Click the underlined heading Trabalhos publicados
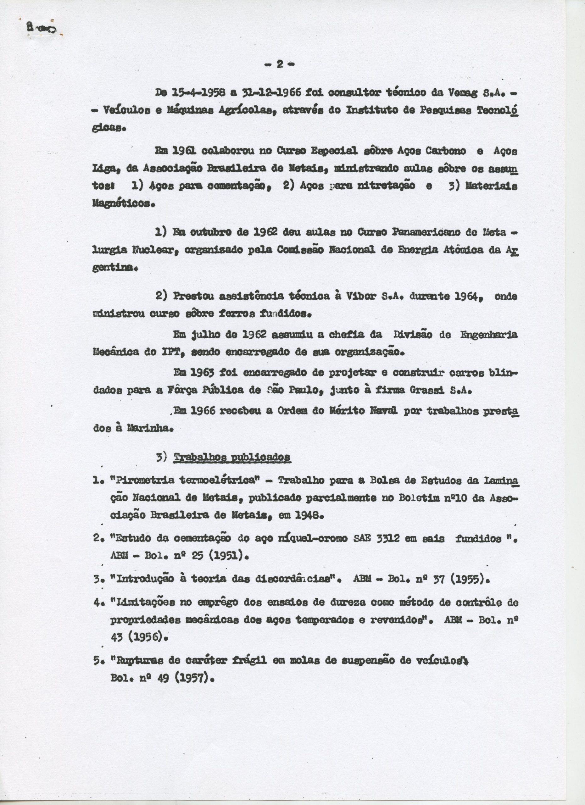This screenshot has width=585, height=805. click(232, 458)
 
